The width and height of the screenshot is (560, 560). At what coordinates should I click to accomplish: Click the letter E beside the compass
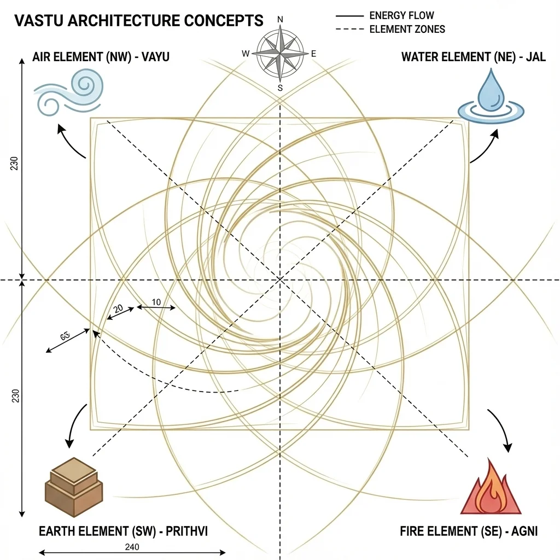[x=313, y=54]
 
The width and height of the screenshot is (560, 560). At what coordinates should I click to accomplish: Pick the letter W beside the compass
[x=246, y=54]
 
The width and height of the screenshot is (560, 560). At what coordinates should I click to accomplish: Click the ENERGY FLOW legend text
[x=402, y=16]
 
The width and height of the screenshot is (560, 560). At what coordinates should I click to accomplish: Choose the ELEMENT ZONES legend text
[x=407, y=29]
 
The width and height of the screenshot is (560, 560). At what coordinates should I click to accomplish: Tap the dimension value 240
[x=132, y=547]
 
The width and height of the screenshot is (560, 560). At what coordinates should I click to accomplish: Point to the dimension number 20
[x=118, y=309]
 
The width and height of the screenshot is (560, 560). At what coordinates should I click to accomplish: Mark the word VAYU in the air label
[x=149, y=57]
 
